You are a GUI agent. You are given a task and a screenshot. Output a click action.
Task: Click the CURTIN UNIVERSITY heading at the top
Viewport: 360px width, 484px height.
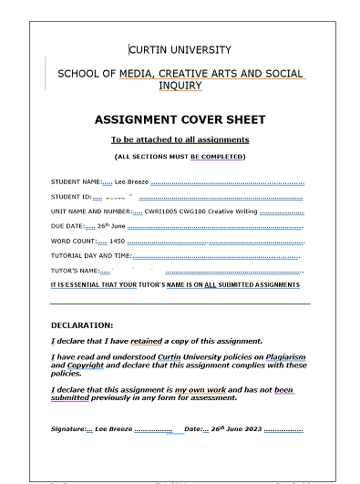[180, 50]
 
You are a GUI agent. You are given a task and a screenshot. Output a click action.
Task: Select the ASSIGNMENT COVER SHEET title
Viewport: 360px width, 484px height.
[180, 119]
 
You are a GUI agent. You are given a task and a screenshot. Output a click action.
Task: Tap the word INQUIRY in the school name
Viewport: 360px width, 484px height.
[180, 86]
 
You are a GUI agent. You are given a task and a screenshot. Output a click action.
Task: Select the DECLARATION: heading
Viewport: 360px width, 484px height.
[82, 324]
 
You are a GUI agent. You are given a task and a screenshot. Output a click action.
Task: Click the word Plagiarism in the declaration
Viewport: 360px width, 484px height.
[282, 356]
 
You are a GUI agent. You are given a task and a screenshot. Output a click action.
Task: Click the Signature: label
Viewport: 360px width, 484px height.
[69, 429]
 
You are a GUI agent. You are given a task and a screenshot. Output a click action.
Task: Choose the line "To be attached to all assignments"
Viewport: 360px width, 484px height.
[180, 139]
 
